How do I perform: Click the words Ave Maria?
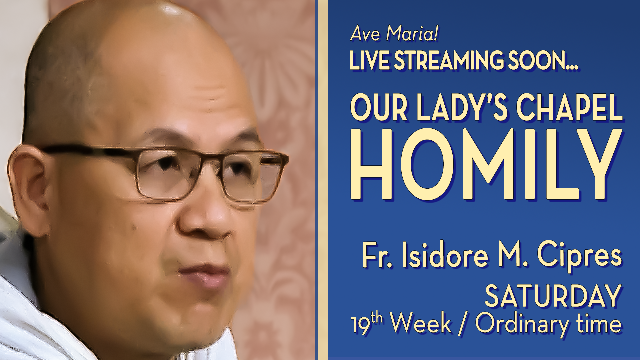394,34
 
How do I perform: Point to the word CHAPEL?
569,108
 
